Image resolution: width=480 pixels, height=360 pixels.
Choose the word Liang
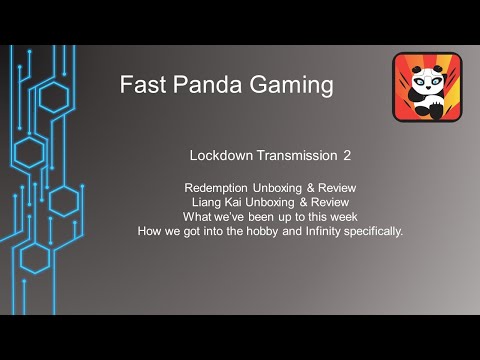[213, 202]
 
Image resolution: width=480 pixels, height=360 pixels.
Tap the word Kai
[243, 202]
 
